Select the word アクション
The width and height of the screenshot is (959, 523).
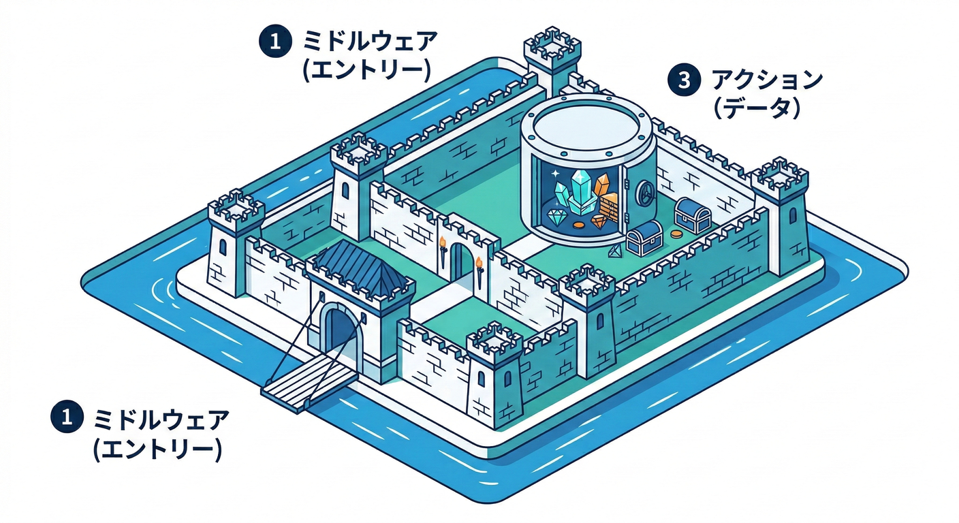tap(766, 81)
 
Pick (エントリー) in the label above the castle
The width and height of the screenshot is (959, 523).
tap(367, 69)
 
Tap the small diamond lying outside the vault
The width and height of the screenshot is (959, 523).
tap(617, 252)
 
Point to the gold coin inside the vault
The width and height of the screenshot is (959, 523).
tap(579, 225)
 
